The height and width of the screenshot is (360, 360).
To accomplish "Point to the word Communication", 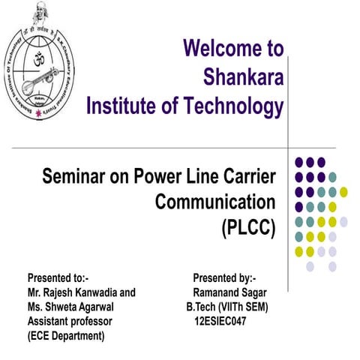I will tap(215, 202).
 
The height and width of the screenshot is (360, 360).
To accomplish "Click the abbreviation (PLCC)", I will tap(249, 226).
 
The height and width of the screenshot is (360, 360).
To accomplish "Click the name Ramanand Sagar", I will tap(229, 293).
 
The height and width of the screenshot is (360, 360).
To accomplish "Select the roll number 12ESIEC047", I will tap(220, 321).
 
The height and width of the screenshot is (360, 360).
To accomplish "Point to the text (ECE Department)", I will tap(65, 335).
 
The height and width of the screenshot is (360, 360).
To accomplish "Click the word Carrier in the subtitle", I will tap(247, 178).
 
